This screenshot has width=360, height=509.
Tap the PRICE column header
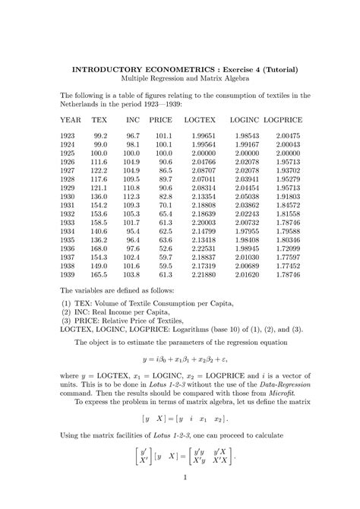click(x=160, y=120)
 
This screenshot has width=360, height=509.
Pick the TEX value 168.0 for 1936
click(x=99, y=248)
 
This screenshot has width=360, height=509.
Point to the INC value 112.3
click(x=131, y=196)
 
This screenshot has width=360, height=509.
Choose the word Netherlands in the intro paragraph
click(x=84, y=103)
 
